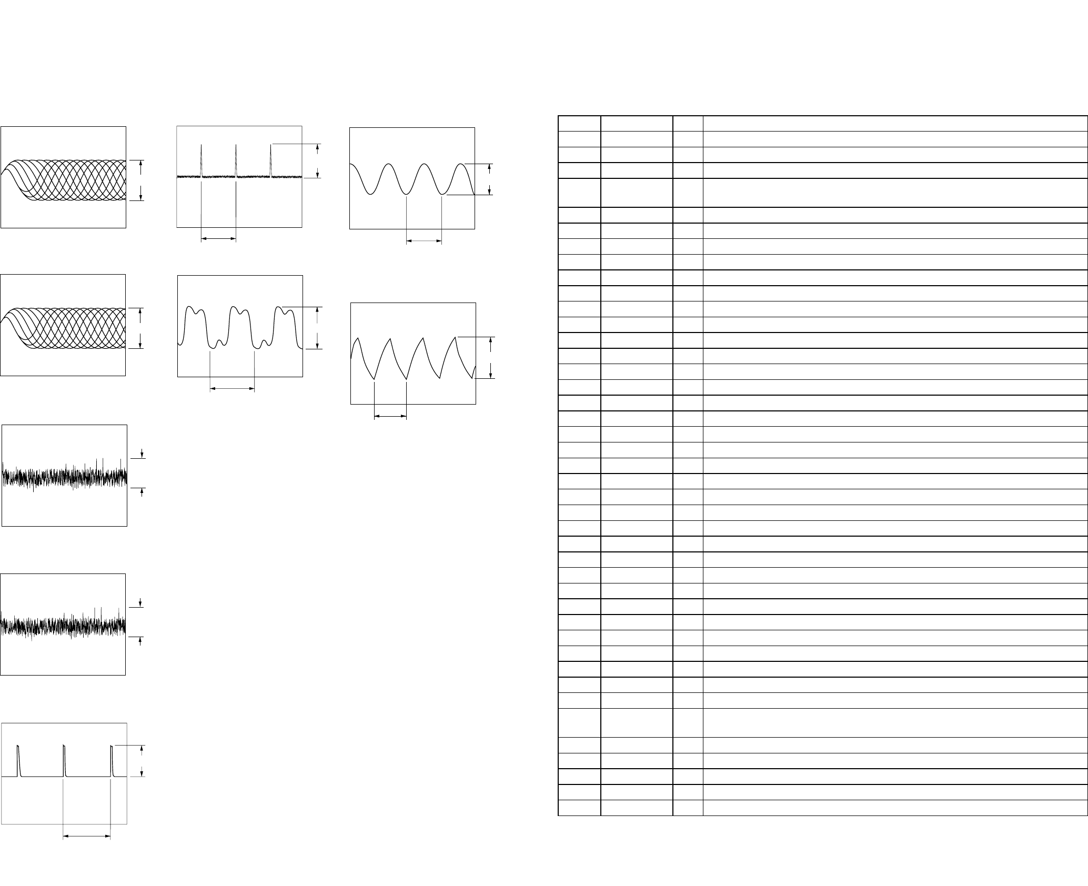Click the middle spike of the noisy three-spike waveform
tap(236, 160)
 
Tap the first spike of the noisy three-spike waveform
tap(202, 160)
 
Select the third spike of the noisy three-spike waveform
tap(271, 160)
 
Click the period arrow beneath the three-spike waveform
tap(219, 239)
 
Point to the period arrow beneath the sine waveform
tap(424, 241)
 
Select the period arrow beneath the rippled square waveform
tap(233, 389)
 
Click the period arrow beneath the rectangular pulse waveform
tap(87, 835)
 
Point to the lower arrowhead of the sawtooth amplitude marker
tap(490, 374)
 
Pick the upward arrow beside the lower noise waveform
tap(140, 641)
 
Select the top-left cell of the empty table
tap(579, 123)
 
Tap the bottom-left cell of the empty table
tap(579, 807)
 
